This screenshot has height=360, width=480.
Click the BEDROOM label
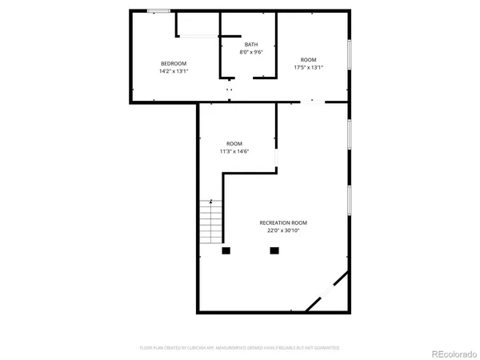pos(174,63)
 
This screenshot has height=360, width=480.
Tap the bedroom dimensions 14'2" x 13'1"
pos(174,71)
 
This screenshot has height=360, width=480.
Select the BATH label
pos(251,45)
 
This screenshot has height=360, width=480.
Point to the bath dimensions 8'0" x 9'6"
pos(251,52)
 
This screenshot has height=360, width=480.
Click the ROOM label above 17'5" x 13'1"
pos(308,60)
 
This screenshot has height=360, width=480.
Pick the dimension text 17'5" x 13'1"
pos(308,68)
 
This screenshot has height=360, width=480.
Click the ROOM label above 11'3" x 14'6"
pos(234,143)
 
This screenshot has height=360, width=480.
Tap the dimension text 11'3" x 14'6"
pos(234,150)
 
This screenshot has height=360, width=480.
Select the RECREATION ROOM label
pos(283,222)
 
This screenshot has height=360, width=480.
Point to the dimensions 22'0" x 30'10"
pos(283,230)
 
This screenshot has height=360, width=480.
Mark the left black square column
pos(226,250)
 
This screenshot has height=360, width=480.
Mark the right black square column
pos(274,250)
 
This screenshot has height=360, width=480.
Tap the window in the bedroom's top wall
pos(158,11)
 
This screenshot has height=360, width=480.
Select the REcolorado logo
pos(454,354)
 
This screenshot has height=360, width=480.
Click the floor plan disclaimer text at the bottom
pos(240,348)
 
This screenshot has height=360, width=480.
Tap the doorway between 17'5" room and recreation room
pos(312,102)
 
